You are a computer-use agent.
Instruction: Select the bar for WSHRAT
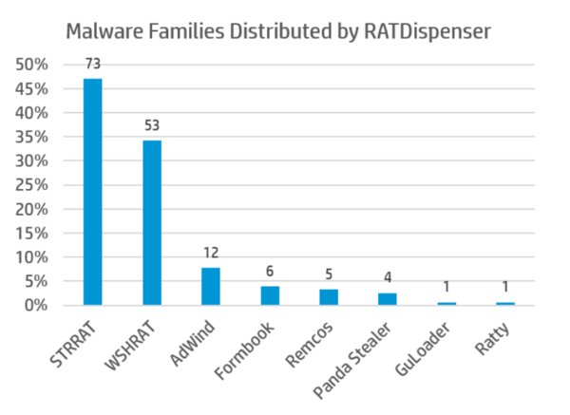point(151,223)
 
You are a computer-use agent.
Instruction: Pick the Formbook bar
point(270,295)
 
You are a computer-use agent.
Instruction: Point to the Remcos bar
point(329,297)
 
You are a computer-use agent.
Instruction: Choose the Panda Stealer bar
point(388,299)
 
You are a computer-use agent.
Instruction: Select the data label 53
point(151,125)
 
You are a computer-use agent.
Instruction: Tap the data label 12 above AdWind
point(210,253)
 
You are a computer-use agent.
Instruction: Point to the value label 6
point(270,271)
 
